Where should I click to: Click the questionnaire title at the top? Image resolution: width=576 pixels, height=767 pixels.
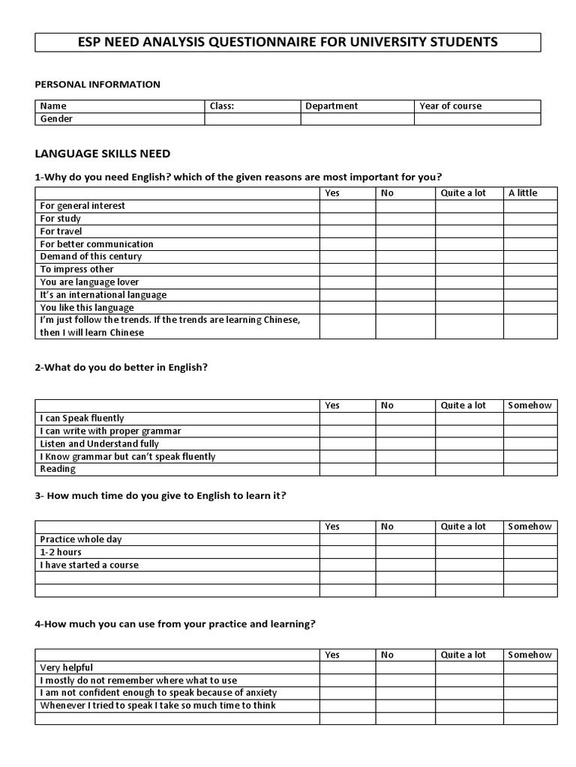pyautogui.click(x=288, y=42)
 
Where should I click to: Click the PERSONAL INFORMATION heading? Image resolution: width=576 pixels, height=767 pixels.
pyautogui.click(x=97, y=85)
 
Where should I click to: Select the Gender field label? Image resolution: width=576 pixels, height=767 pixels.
pyautogui.click(x=57, y=119)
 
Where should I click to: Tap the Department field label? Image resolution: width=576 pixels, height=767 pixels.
pyautogui.click(x=331, y=106)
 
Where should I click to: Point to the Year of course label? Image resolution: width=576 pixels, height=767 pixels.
pyautogui.click(x=451, y=106)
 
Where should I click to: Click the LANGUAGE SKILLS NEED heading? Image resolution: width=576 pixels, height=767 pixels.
pyautogui.click(x=103, y=154)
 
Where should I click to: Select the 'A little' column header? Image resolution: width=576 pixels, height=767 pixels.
pyautogui.click(x=523, y=193)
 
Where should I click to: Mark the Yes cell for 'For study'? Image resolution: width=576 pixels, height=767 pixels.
pyautogui.click(x=347, y=219)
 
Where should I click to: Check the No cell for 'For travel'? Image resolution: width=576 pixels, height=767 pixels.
pyautogui.click(x=405, y=231)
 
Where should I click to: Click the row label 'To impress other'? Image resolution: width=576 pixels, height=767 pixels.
pyautogui.click(x=77, y=270)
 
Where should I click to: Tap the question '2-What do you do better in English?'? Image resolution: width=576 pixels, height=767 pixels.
pyautogui.click(x=121, y=367)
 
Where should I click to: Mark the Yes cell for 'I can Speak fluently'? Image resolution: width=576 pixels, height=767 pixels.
pyautogui.click(x=347, y=419)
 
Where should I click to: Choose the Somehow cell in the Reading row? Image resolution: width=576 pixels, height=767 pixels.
pyautogui.click(x=529, y=470)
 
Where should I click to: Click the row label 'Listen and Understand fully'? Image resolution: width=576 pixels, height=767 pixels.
pyautogui.click(x=100, y=444)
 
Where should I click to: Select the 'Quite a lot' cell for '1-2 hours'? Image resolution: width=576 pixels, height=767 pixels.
pyautogui.click(x=469, y=553)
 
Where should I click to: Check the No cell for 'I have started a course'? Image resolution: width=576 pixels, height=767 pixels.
pyautogui.click(x=405, y=566)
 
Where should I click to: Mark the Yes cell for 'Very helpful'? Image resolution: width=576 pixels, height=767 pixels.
pyautogui.click(x=347, y=668)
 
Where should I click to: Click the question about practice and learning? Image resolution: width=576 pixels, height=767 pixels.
pyautogui.click(x=175, y=624)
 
